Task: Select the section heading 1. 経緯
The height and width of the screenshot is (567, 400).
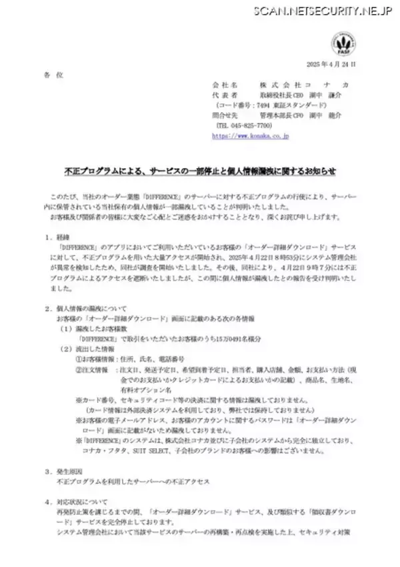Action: coord(56,237)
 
